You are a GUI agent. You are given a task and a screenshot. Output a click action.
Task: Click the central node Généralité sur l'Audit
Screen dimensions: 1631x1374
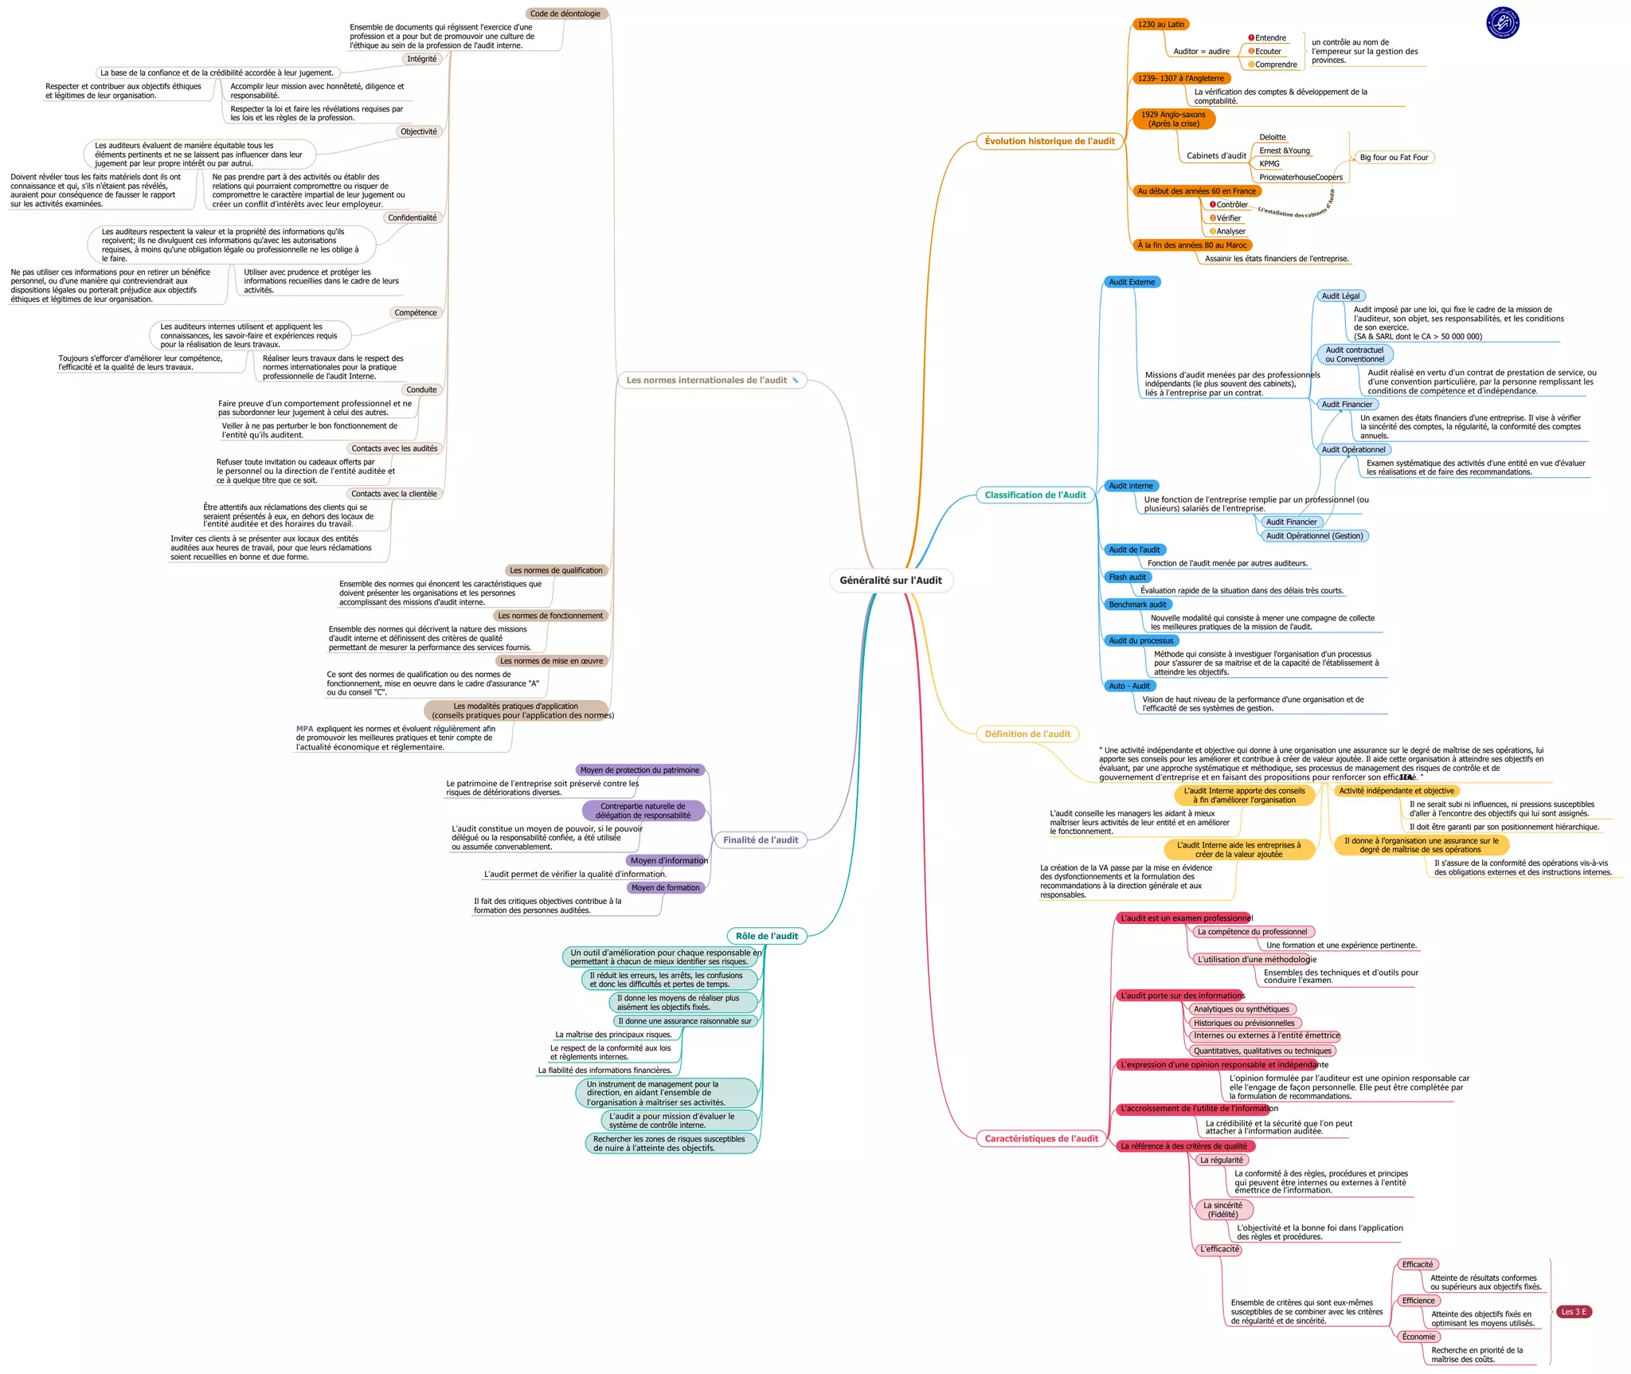click(890, 581)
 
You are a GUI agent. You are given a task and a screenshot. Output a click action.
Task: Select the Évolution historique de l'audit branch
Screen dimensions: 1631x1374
click(1050, 141)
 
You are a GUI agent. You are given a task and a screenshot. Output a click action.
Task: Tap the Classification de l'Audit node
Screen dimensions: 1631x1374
click(1035, 495)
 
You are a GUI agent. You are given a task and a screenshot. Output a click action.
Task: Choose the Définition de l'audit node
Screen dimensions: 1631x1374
click(1027, 734)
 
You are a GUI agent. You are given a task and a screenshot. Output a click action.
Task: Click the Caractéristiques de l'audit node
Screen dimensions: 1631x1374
click(1041, 1138)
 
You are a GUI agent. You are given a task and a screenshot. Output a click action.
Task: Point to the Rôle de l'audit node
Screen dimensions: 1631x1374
click(766, 936)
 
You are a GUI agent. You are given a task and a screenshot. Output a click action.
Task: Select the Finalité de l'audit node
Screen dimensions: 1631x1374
click(761, 840)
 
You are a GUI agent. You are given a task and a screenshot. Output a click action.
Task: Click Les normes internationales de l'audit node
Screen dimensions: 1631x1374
click(712, 380)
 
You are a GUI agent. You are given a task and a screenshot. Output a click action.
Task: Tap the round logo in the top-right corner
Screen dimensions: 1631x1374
click(1503, 22)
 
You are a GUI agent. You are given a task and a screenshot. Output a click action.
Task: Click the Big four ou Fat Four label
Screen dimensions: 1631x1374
click(1394, 157)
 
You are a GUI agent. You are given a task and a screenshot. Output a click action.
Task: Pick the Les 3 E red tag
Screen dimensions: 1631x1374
click(1573, 1311)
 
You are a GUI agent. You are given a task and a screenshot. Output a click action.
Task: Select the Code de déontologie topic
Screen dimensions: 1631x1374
click(566, 14)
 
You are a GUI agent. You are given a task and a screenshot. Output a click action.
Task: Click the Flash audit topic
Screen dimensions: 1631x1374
click(1127, 577)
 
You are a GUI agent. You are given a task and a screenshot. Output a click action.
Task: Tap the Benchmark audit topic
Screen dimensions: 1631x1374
click(1137, 605)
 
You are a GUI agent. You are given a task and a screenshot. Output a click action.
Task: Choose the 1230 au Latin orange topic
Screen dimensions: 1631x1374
click(1160, 24)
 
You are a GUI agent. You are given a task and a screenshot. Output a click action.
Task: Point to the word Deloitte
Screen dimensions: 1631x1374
click(1273, 137)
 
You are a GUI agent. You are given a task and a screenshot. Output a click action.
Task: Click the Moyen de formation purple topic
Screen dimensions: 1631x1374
click(665, 887)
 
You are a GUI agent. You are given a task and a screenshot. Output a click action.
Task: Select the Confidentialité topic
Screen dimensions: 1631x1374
click(413, 217)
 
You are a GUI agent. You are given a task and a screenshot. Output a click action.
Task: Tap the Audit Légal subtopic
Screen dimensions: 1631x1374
click(1340, 296)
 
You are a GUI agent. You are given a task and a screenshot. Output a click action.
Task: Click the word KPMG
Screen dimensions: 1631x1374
click(1269, 163)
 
